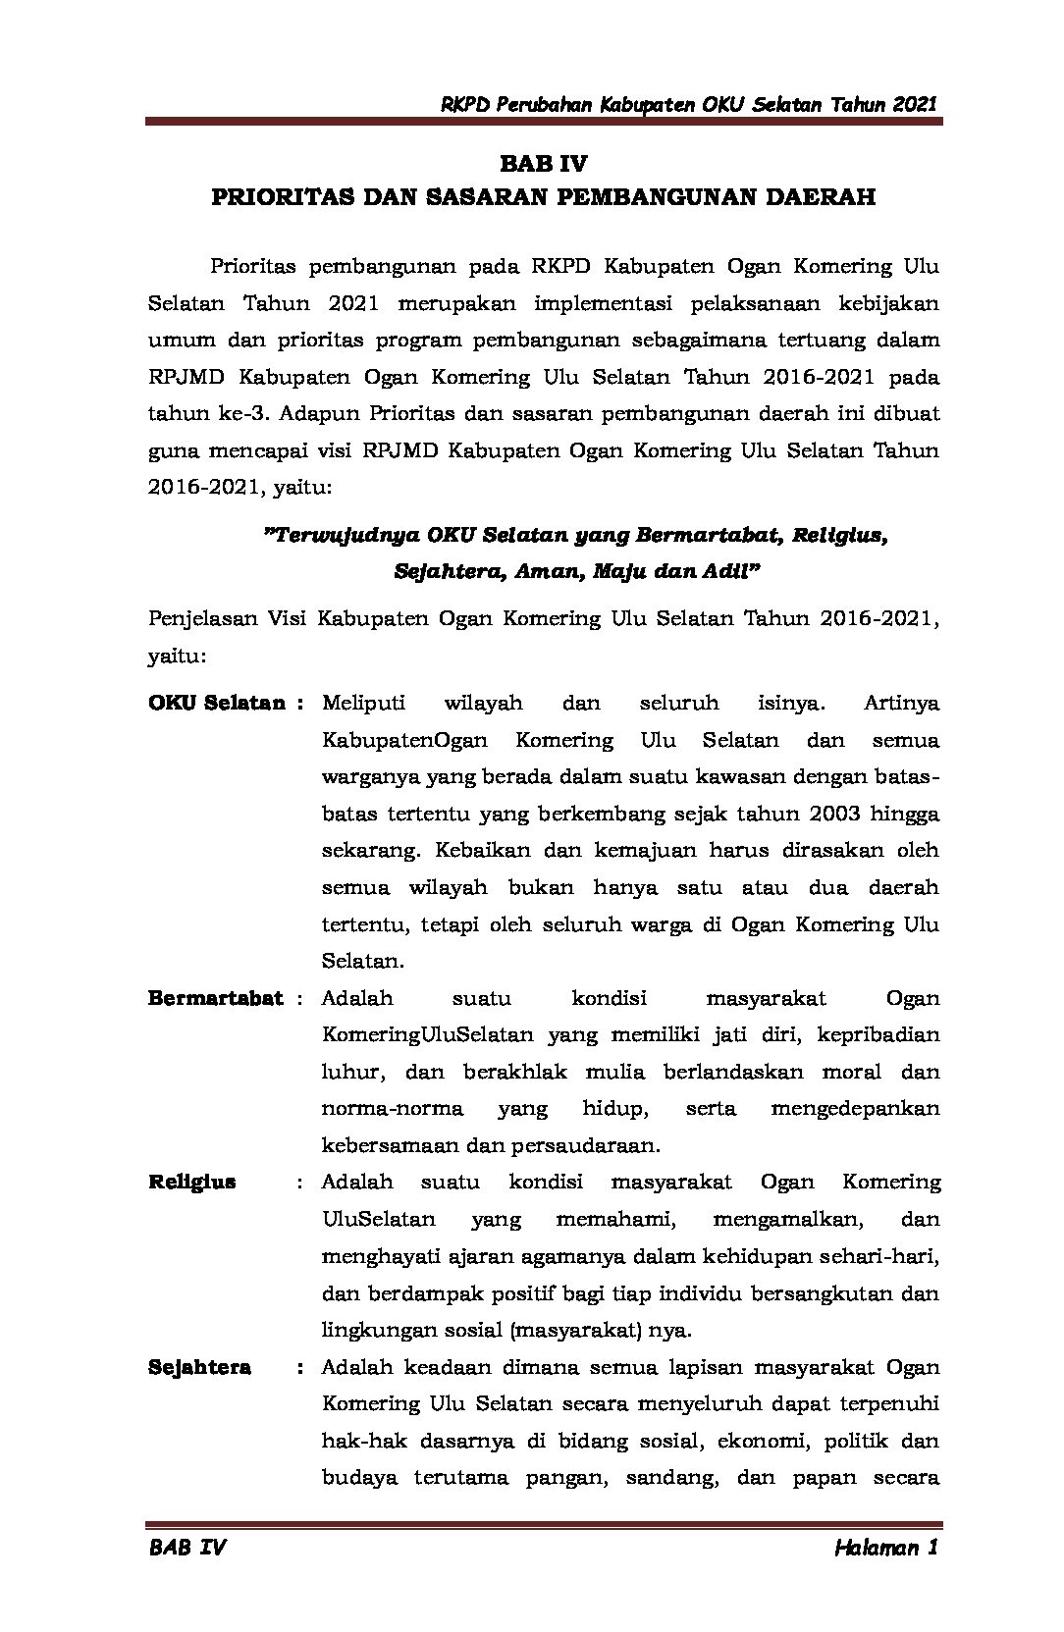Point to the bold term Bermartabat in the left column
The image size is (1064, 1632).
[215, 998]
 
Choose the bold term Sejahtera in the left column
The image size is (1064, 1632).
[199, 1367]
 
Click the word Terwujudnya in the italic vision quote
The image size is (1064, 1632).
[343, 536]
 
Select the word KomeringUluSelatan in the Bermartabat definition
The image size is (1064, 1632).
[427, 1034]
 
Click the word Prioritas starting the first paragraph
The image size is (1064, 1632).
[252, 266]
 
